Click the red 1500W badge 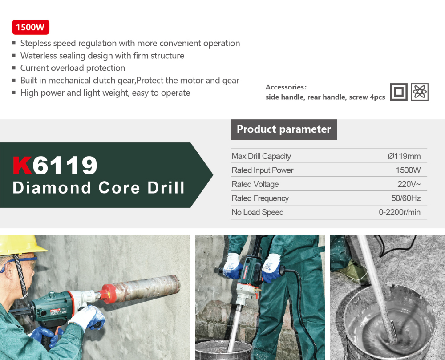tap(31, 27)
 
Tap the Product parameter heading tap(284, 129)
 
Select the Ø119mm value tap(404, 156)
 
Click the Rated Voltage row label tap(255, 184)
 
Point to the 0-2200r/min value tap(400, 212)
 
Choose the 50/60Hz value tap(406, 198)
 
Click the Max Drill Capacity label tap(261, 156)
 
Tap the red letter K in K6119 tap(22, 165)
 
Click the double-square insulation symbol tap(399, 92)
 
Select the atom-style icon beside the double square tap(420, 92)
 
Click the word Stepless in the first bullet tap(36, 44)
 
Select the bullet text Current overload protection tap(73, 68)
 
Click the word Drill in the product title tap(166, 187)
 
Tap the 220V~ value tap(409, 184)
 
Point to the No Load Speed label tap(258, 212)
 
